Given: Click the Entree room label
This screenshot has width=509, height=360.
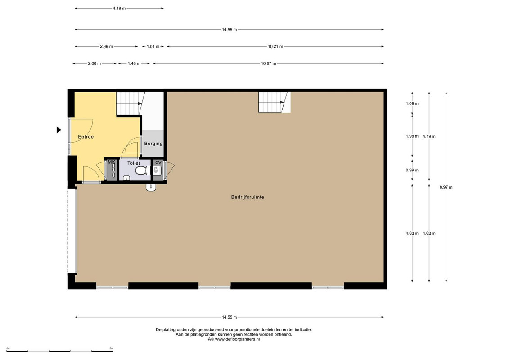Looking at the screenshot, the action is (86, 137).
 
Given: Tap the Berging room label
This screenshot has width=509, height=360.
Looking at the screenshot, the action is (153, 144).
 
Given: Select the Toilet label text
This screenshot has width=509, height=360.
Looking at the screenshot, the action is (133, 163).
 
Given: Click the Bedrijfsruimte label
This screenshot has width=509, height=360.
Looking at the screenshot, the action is (248, 197).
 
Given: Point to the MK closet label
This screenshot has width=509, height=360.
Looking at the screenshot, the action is (111, 162).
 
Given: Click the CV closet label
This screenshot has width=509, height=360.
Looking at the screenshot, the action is (158, 162).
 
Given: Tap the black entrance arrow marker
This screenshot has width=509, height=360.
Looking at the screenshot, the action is (59, 130).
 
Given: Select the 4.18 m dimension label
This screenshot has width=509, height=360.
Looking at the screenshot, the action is (119, 9).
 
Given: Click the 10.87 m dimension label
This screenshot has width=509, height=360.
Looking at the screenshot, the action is (269, 63).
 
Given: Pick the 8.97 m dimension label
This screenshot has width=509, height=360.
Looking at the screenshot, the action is (446, 187).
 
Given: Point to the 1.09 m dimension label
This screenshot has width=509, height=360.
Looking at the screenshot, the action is (412, 104).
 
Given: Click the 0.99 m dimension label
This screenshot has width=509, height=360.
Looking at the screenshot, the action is (412, 171).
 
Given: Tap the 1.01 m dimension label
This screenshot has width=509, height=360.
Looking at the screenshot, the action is (153, 47).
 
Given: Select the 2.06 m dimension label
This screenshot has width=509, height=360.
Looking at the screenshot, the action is (95, 63).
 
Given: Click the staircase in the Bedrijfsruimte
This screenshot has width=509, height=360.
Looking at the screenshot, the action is (274, 102).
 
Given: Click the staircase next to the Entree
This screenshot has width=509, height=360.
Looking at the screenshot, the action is (130, 103).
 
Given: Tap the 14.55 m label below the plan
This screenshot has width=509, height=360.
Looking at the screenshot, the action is (230, 318).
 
